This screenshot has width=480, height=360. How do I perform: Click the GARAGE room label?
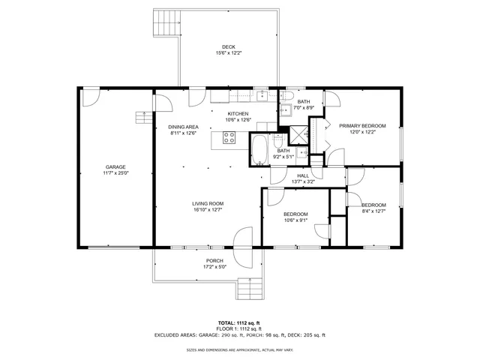click(115, 166)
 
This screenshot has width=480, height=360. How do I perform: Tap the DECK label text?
click(228, 46)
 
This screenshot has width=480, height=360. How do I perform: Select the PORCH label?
click(214, 261)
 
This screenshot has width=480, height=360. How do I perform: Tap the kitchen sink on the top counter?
click(262, 95)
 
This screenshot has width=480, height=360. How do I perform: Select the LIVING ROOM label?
click(208, 203)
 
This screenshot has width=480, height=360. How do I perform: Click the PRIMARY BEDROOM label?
click(362, 125)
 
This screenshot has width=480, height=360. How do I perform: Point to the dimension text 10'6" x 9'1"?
click(295, 220)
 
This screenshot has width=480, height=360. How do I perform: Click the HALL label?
click(303, 175)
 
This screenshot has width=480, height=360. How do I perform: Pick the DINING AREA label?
click(183, 127)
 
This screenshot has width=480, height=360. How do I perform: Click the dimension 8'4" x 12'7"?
click(373, 211)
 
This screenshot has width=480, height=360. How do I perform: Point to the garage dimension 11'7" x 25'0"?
click(115, 173)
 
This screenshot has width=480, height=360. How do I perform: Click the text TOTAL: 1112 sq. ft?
click(239, 322)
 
